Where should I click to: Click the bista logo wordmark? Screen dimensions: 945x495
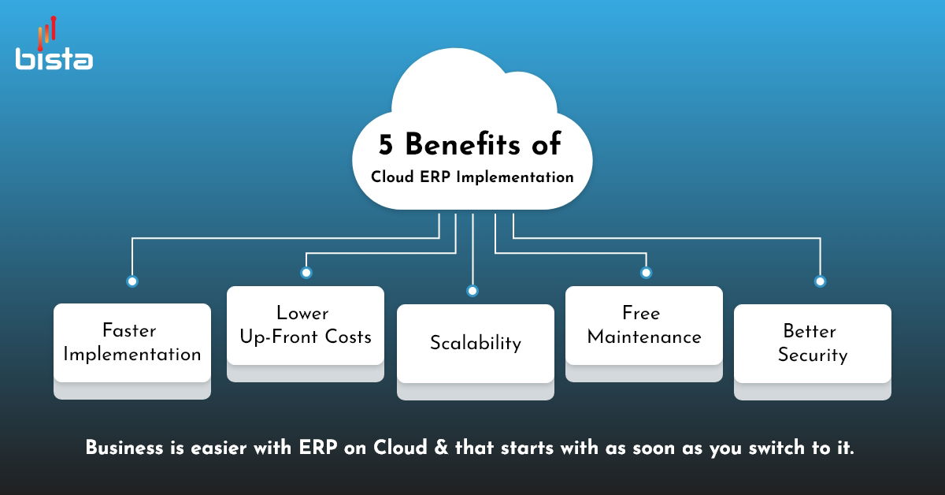coord(54,58)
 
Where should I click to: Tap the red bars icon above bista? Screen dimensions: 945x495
coord(46,33)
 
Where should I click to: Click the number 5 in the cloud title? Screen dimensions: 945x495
coord(386,144)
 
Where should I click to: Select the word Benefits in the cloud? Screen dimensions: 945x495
coord(463,143)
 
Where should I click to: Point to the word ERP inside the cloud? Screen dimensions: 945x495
coord(435,177)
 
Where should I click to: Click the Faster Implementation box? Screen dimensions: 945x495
coord(132,351)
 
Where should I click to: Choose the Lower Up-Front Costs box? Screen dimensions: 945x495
coord(306,333)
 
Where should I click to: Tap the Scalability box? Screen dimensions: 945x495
coord(476,352)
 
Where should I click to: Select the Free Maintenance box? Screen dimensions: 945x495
coord(644,333)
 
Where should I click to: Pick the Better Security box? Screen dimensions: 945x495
coord(813,352)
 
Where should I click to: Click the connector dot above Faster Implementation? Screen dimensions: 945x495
coord(132,281)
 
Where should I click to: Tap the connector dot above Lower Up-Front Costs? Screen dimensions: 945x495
coord(306,273)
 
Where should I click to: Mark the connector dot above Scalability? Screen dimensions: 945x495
coord(472,291)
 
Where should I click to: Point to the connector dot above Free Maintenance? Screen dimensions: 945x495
coord(646,273)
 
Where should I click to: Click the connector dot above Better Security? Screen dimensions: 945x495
coord(820,281)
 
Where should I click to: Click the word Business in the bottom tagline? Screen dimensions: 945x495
coord(124,448)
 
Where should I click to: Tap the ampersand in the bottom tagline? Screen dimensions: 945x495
coord(441,448)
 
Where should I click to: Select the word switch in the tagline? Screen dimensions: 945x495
coord(776,448)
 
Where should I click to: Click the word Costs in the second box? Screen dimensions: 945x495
coord(348,337)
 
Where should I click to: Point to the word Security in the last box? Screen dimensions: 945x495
coord(813,355)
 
